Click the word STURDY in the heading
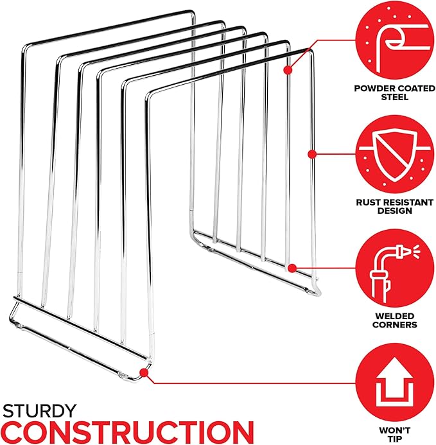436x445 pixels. [x=39, y=411]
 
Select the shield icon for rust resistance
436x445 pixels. [x=396, y=155]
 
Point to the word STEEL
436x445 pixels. [x=394, y=97]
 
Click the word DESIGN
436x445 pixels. [x=394, y=211]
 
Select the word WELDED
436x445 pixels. [x=394, y=316]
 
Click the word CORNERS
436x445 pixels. [x=394, y=324]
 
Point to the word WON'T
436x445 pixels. [x=394, y=430]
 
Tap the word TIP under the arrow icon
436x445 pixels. [x=394, y=439]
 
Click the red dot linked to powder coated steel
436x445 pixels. [x=288, y=70]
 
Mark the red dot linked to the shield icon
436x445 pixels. [x=312, y=154]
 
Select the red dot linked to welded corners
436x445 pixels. [x=292, y=268]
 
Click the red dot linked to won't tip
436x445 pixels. [x=144, y=372]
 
